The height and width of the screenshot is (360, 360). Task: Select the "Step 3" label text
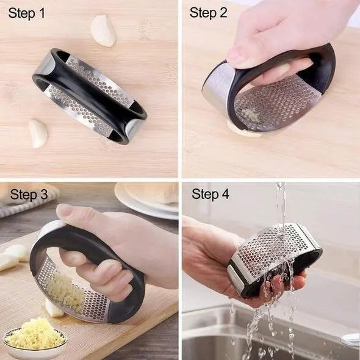(29, 195)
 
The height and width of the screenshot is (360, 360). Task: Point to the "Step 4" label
(211, 195)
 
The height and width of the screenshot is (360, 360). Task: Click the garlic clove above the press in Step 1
(103, 31)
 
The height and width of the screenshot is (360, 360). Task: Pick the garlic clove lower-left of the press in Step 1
(38, 133)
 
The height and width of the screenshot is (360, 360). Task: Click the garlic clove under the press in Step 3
(54, 309)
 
